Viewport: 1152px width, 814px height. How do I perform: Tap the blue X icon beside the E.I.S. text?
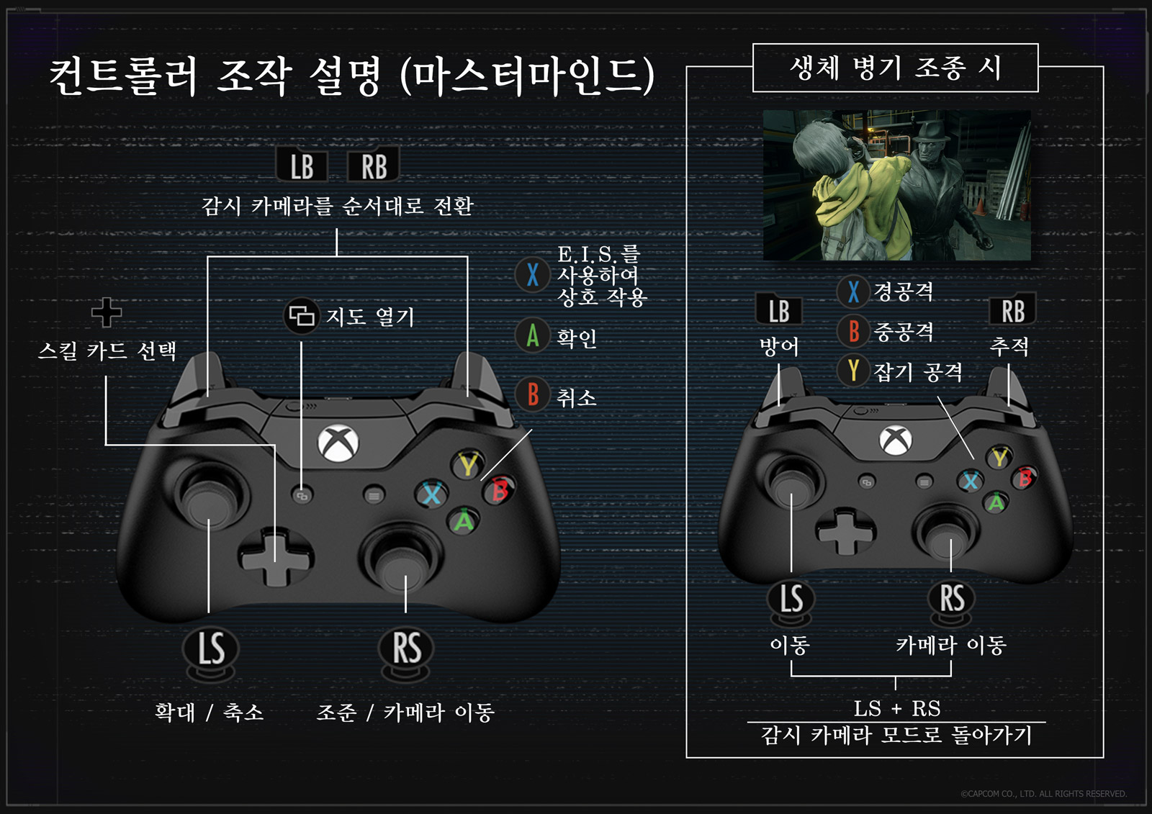[533, 274]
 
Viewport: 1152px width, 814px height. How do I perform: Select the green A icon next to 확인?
[533, 335]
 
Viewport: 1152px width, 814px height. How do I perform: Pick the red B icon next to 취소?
[533, 395]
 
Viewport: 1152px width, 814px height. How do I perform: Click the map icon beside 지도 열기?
[301, 315]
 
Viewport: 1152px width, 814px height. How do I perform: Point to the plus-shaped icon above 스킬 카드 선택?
[107, 312]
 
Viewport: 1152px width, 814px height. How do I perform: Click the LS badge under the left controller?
[210, 650]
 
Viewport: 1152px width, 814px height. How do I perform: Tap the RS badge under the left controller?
[406, 650]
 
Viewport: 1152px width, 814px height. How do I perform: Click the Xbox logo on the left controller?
[338, 443]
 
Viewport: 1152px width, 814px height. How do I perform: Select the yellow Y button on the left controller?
[469, 465]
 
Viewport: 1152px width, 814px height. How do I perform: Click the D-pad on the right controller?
[845, 531]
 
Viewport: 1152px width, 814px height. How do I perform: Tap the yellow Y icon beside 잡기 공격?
[853, 370]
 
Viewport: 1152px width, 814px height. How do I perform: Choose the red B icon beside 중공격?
[853, 331]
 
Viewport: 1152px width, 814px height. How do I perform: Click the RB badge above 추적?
[1012, 311]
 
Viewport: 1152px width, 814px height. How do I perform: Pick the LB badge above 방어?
[779, 311]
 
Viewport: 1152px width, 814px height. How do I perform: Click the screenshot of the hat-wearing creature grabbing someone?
[896, 185]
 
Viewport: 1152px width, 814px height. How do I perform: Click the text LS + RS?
[896, 708]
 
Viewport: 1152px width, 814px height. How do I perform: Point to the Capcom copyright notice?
[1043, 794]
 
